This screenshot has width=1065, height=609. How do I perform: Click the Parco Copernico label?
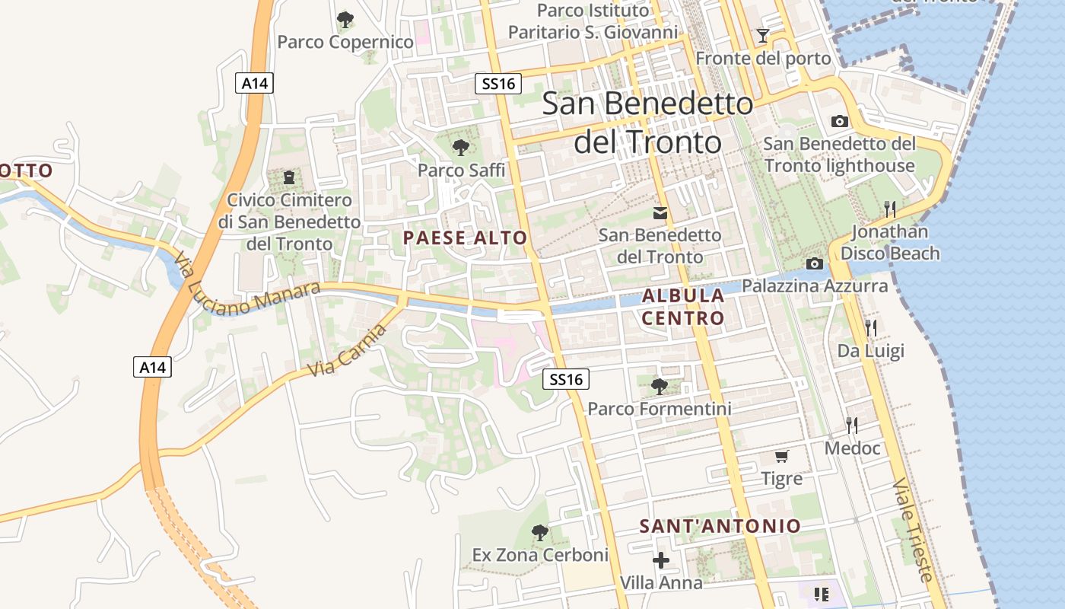tap(345, 42)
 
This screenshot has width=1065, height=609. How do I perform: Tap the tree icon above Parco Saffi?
tap(460, 147)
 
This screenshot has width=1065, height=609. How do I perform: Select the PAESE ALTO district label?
tap(465, 238)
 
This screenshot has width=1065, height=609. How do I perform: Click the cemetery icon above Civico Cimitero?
tap(289, 177)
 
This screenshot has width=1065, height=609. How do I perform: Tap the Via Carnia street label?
tap(348, 349)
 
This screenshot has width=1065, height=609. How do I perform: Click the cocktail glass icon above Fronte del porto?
tap(762, 35)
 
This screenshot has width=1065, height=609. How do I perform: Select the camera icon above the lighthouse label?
tap(840, 121)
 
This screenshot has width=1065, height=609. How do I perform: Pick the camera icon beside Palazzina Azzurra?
tap(815, 263)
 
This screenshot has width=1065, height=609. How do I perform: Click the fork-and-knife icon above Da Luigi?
tap(871, 328)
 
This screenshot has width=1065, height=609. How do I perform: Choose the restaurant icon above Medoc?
tap(852, 426)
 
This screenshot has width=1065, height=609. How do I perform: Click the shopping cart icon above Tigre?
tap(781, 456)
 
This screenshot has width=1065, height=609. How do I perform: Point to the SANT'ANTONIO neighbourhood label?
tap(720, 526)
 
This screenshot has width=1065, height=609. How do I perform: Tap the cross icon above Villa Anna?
tap(661, 560)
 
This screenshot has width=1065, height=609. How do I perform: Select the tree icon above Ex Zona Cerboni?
tap(540, 532)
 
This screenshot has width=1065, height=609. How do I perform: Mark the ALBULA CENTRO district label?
tap(683, 307)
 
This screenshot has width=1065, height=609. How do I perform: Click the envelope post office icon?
tap(660, 213)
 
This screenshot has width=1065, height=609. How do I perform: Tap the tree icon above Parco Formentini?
tap(660, 387)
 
